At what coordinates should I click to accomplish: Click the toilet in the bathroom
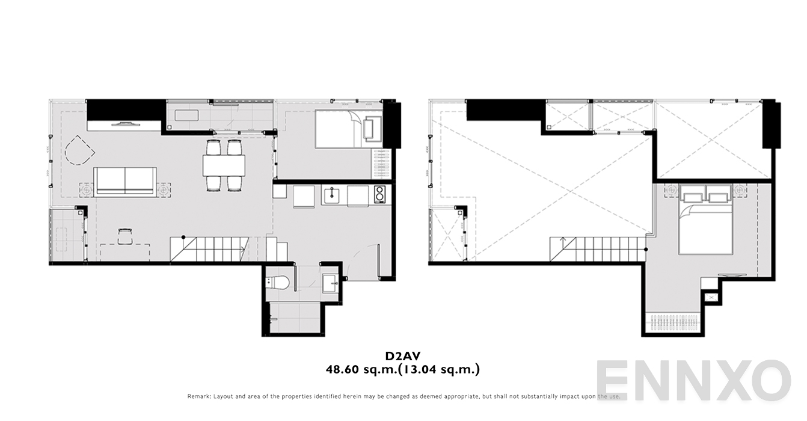[x=278, y=283]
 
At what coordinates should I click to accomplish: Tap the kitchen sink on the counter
[x=331, y=195]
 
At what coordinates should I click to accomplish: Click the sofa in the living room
[x=125, y=182]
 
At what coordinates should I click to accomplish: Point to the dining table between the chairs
[x=224, y=165]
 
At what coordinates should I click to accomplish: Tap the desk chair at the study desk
[x=125, y=236]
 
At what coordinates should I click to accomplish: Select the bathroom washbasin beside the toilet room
[x=330, y=283]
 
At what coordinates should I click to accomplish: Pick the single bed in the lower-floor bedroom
[x=349, y=129]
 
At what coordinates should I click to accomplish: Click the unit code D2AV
[x=402, y=356]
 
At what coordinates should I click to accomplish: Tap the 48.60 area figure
[x=342, y=369]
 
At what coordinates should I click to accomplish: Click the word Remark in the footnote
[x=199, y=396]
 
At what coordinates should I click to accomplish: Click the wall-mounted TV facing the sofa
[x=125, y=124]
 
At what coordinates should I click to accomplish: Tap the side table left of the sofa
[x=87, y=189]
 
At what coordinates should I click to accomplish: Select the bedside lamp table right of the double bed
[x=739, y=189]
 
